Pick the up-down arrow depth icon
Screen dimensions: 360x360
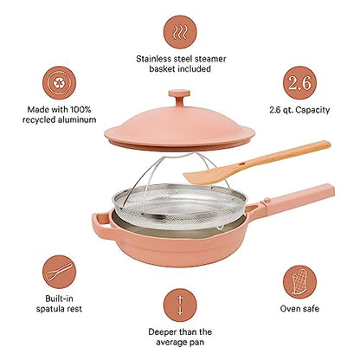click(x=180, y=306)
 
